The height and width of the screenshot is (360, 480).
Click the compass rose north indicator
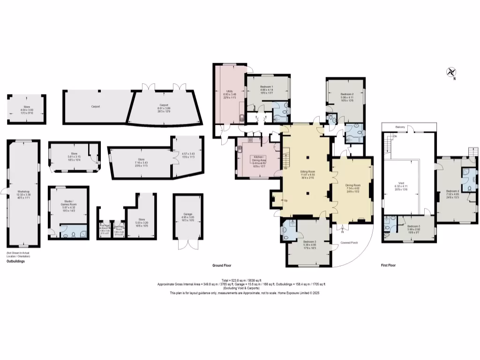tap(451, 73)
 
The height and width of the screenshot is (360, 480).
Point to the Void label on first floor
tap(401, 183)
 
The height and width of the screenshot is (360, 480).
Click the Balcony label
tap(400, 127)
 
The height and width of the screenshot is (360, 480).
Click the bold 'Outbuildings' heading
tap(15, 262)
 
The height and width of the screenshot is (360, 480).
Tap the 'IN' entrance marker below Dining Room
tap(342, 232)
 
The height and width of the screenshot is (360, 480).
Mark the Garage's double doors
tap(187, 245)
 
